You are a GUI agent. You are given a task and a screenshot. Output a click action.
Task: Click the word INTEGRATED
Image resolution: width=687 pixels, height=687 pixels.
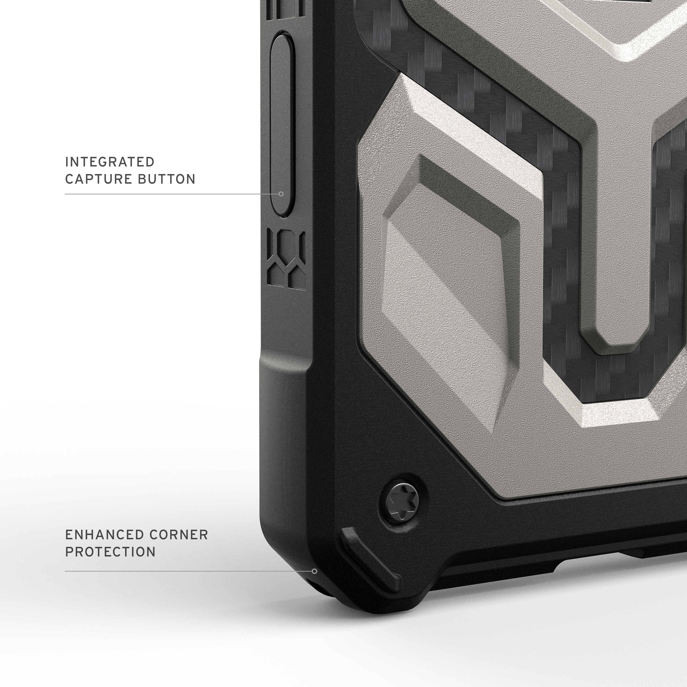109,162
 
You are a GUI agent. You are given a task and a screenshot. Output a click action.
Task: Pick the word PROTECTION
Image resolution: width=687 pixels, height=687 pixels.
110,552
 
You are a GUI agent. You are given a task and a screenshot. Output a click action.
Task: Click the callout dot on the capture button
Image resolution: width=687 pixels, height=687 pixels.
281,194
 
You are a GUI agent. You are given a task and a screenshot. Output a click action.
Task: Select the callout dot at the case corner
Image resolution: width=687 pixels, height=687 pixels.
314,571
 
